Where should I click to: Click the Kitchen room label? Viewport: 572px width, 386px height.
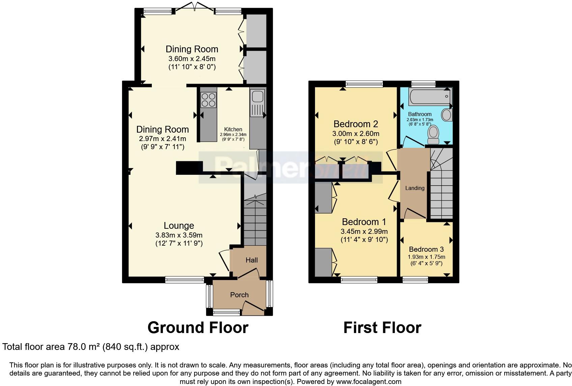coord(233,129)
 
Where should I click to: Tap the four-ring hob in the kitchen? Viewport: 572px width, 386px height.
coord(208,100)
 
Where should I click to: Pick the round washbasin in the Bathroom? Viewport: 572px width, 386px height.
coord(447,115)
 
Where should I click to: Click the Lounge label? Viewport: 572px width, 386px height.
coord(179,225)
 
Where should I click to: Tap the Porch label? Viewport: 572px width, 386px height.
coord(239,295)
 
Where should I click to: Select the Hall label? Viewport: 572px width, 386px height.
coord(252,260)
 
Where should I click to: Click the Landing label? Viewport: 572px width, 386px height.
coord(414,188)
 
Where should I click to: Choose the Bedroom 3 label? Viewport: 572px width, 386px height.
coord(426,249)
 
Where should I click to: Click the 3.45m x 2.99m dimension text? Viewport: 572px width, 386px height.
coord(364,231)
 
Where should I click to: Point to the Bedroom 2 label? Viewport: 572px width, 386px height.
coord(355,124)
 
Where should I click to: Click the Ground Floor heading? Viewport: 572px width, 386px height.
coord(198,328)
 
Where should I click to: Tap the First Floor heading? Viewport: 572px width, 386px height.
coord(382,328)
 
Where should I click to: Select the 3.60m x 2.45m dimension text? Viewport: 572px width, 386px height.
coord(192,58)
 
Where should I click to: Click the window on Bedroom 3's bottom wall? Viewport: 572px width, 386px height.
coord(415,279)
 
